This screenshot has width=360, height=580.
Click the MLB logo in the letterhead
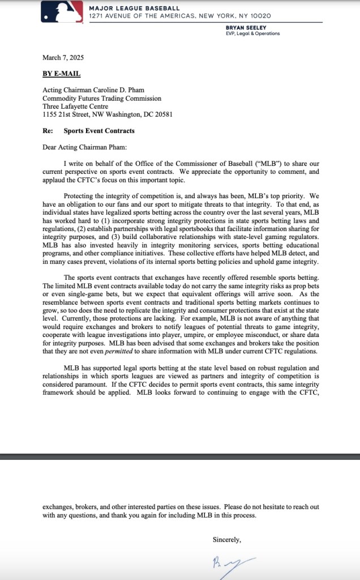pos(62,12)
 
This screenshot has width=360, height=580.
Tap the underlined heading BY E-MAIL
pos(61,74)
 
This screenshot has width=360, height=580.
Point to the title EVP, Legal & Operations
pos(252,33)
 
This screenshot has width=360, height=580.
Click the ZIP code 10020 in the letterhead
pos(260,15)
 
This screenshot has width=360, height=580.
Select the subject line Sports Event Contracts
pos(99,130)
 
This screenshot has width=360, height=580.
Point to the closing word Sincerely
pos(227,540)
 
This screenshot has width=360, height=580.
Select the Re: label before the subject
pos(48,130)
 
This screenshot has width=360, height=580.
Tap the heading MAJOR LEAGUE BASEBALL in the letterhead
pos(134,8)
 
